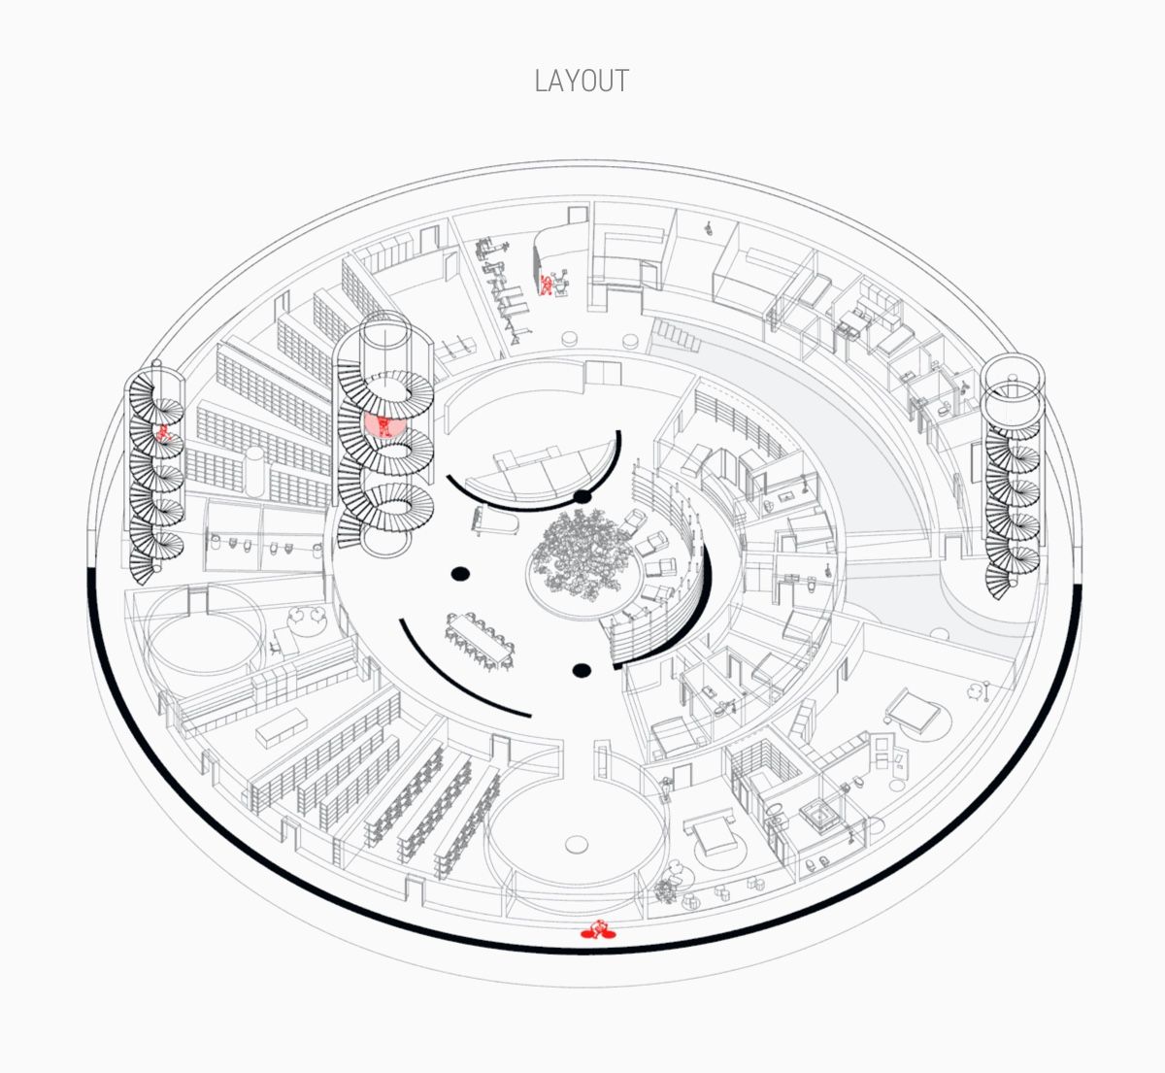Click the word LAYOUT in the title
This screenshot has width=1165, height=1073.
pos(582,81)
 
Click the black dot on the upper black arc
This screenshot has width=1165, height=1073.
pos(582,497)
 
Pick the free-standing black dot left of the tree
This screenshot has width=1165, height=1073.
pos(460,574)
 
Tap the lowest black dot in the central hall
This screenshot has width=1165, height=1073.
pos(582,671)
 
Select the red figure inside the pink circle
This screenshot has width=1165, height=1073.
pos(383,425)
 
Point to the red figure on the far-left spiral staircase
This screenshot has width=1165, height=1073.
pos(163,433)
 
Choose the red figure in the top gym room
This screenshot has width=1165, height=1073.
pos(546,285)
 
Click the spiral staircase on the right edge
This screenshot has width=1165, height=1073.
pos(1013,477)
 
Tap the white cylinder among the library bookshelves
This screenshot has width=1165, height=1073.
pos(255,470)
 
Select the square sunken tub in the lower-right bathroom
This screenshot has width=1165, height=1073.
pos(820,814)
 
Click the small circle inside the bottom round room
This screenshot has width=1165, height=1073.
pos(576,845)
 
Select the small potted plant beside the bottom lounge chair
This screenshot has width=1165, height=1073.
pos(663,891)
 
